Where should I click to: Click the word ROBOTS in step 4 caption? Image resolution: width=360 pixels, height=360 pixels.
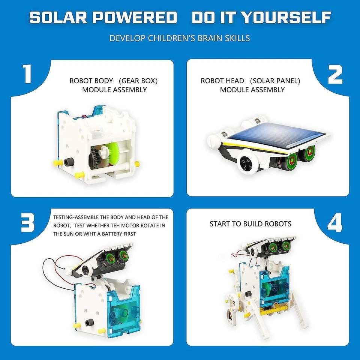pyautogui.click(x=278, y=224)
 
